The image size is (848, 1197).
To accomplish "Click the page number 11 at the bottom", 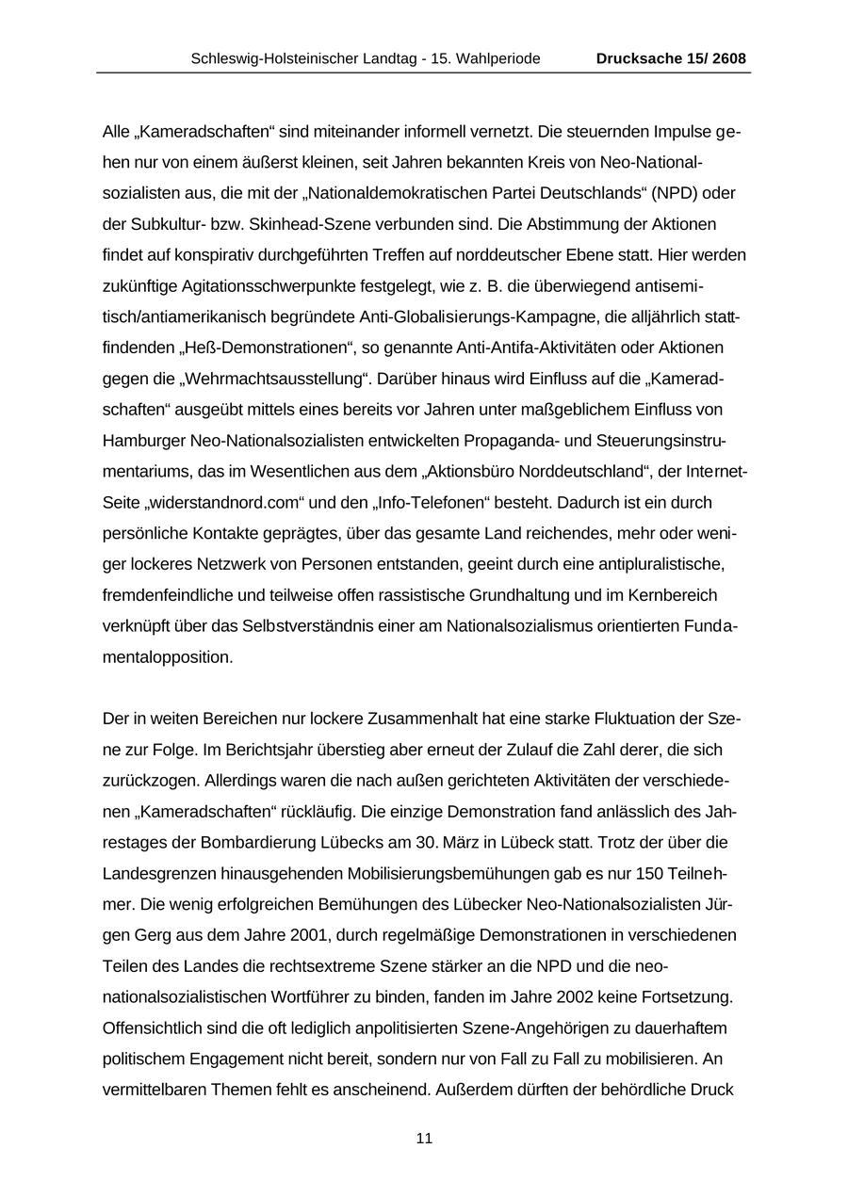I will coord(424,1139).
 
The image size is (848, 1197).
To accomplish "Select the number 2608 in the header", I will coord(729,58).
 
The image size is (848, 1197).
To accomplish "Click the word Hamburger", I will coord(144,440).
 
